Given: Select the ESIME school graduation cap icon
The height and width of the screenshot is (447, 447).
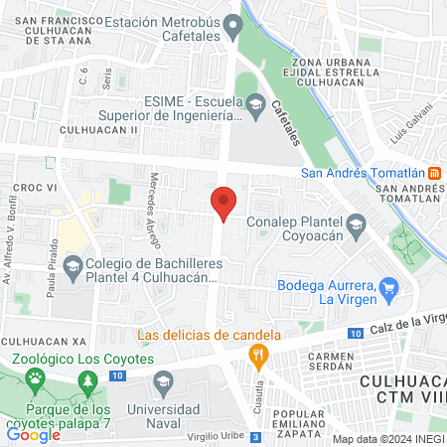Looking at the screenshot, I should point(256,103).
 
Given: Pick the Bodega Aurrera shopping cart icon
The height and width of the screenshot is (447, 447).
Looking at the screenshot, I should point(389,289).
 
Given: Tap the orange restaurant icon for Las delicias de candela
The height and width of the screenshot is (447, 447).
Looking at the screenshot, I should point(258,353).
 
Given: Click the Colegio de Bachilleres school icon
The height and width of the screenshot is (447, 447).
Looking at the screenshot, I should point(72,265).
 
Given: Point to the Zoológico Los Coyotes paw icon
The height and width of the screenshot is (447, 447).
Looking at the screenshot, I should point(36,377).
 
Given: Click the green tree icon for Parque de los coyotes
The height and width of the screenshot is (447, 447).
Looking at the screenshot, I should point(88,381).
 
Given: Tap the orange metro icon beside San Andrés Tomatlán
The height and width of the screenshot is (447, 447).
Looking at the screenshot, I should point(434,170).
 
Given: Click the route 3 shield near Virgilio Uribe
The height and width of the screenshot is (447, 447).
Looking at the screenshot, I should point(256,437).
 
